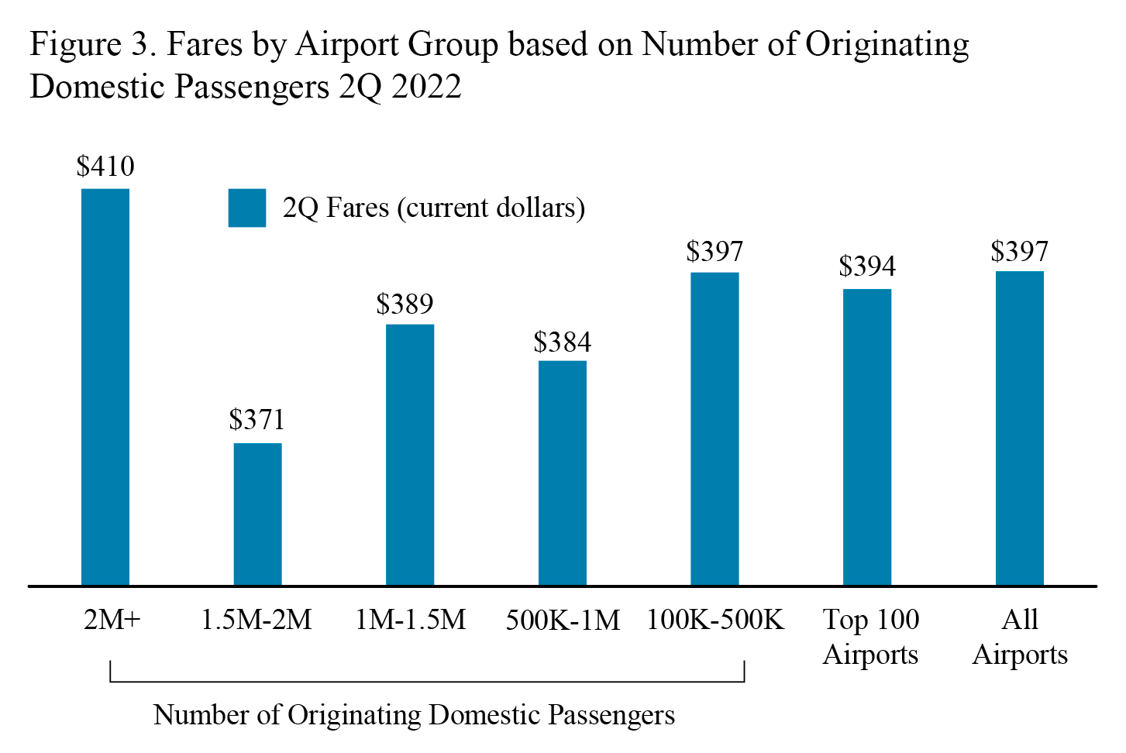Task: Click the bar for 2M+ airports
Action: point(105,387)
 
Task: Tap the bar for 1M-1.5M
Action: point(410,455)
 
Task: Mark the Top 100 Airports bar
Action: point(867,437)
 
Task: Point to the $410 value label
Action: point(105,167)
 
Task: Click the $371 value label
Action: point(257,420)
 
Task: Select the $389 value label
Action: point(405,304)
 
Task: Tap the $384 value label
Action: point(563,342)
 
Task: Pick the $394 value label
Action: point(867,266)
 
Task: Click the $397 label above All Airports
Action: point(1020,252)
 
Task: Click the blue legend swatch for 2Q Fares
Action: point(247,208)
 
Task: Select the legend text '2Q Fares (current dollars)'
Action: point(434,208)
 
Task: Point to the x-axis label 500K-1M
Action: point(563,621)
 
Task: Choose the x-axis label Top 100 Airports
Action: point(871,637)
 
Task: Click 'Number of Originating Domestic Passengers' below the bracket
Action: point(414,714)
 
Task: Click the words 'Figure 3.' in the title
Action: point(93,44)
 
